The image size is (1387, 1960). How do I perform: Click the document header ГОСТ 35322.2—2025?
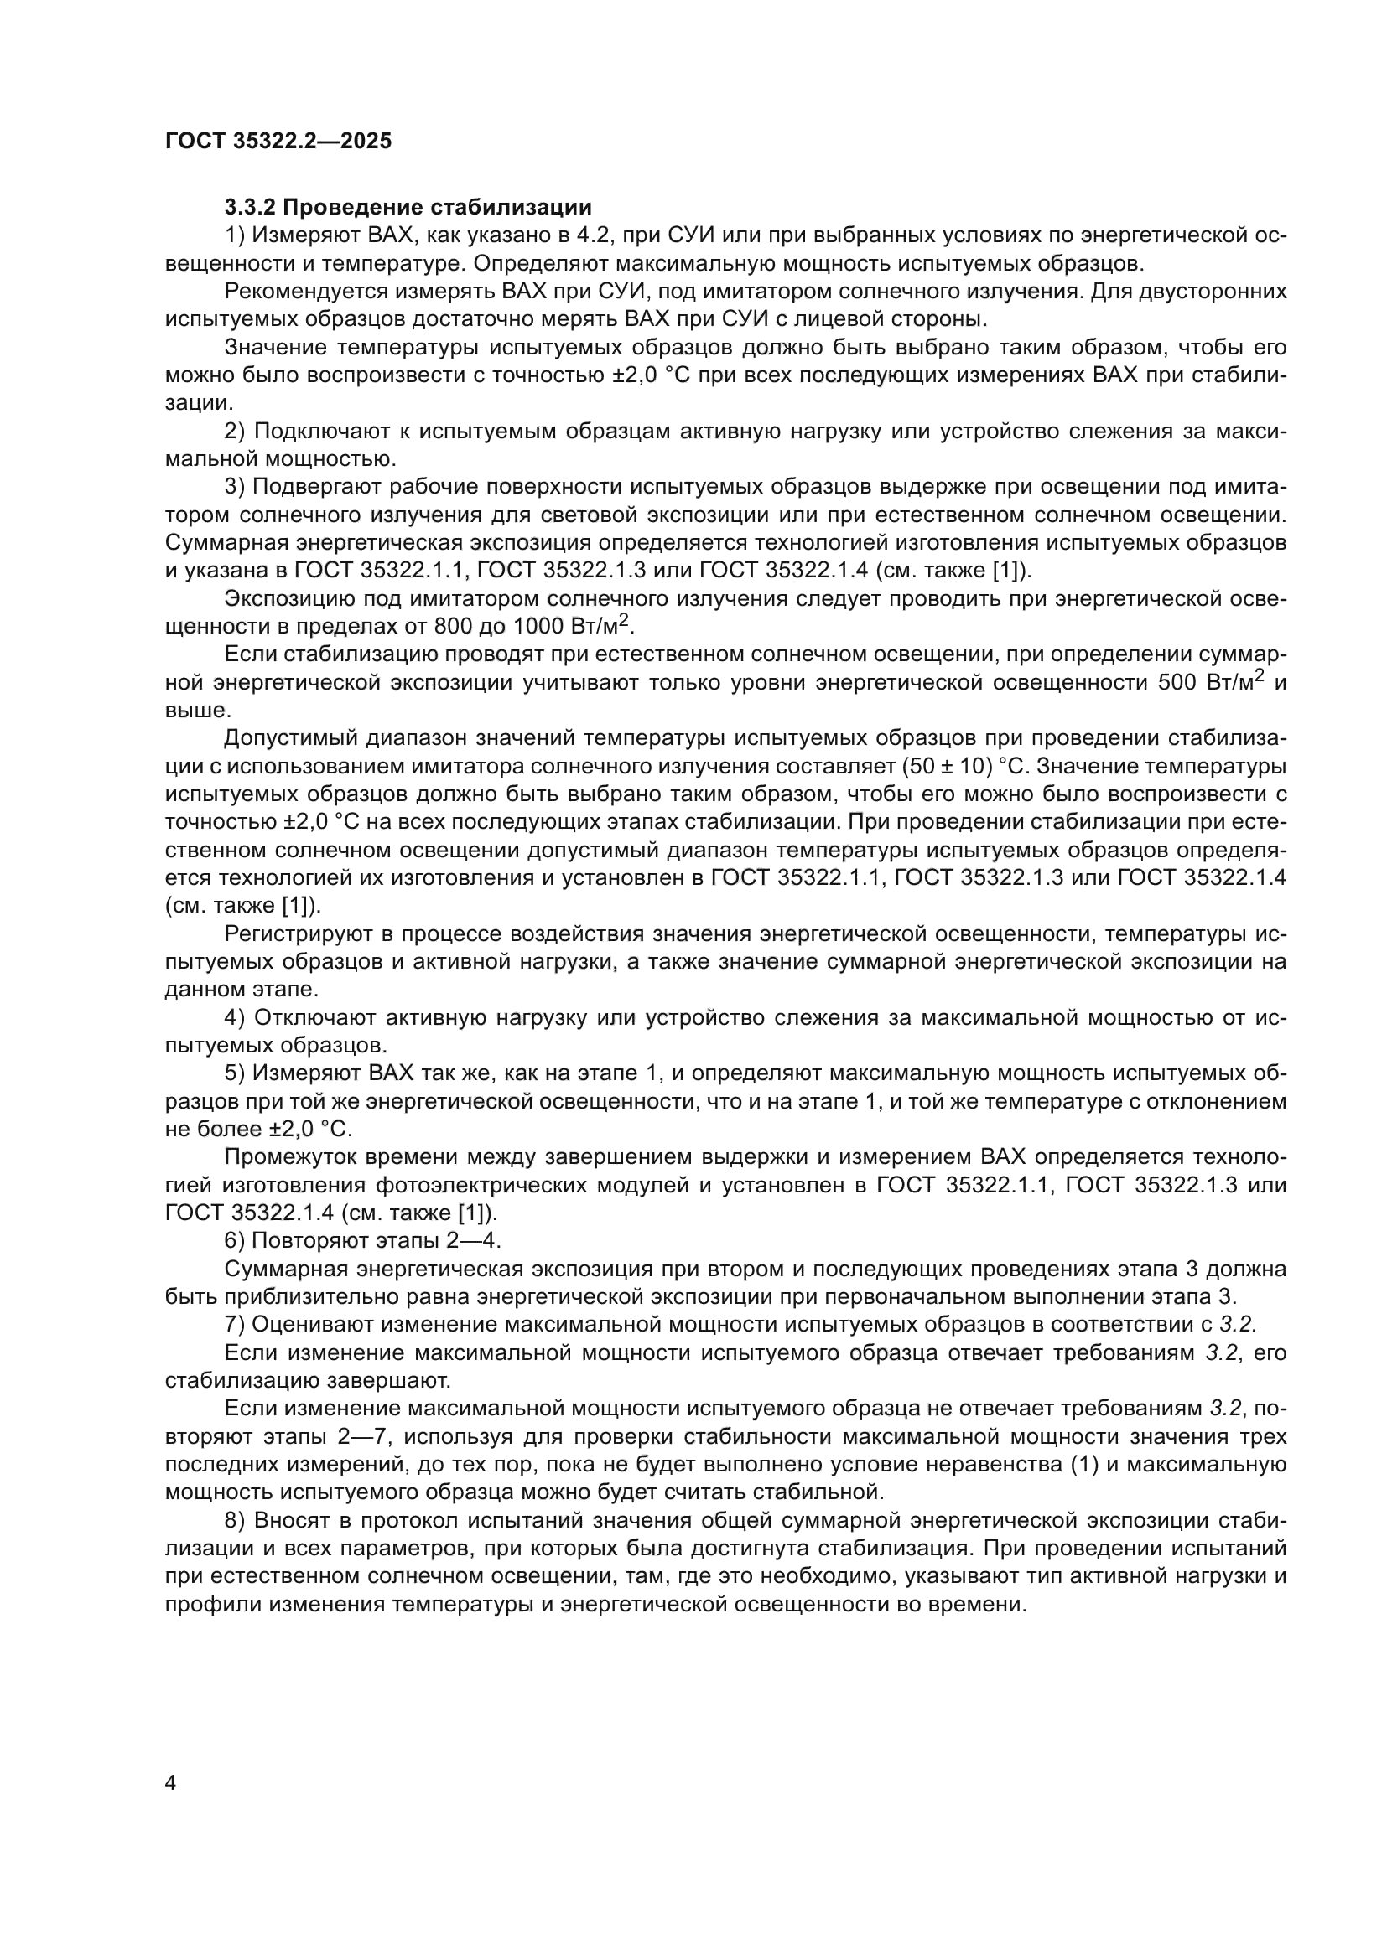point(278,141)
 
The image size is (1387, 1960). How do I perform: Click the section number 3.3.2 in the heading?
point(252,208)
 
